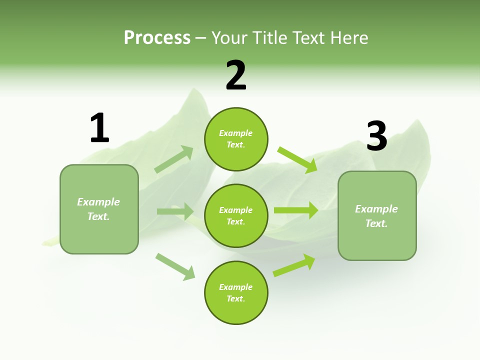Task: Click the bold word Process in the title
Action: click(157, 38)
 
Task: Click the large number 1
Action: click(99, 128)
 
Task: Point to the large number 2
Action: click(236, 75)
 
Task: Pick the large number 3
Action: click(376, 136)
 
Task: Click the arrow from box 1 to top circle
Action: click(174, 159)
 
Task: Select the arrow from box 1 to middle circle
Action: click(175, 211)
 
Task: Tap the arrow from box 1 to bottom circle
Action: click(175, 266)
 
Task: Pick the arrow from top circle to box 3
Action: click(297, 159)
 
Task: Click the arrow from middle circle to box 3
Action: click(296, 210)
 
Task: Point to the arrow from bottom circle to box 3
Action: click(294, 265)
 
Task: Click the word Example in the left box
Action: click(98, 202)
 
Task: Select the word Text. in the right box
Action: click(376, 223)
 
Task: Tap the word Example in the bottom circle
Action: click(235, 287)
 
